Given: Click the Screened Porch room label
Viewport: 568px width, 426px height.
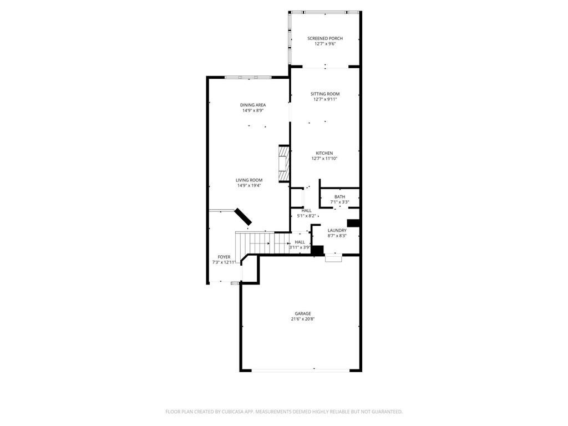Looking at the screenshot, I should [325, 38].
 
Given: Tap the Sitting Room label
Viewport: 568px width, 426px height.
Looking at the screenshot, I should [325, 94].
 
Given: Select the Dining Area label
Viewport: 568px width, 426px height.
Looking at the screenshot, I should [253, 105].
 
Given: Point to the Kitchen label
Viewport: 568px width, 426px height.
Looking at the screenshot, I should [324, 153].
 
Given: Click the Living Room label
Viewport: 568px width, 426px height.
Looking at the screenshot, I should [249, 180].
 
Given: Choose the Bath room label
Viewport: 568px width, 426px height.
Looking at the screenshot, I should [339, 197].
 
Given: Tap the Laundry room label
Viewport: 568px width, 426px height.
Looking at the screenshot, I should [337, 230].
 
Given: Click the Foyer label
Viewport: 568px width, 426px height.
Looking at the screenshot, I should [224, 257].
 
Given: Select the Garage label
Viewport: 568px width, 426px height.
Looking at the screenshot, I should [303, 313].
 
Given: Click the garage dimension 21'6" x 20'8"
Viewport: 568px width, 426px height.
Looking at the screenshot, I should [303, 319].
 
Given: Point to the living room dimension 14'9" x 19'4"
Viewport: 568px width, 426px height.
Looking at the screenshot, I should [249, 185].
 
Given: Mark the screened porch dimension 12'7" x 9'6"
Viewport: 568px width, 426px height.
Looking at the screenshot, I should [325, 44].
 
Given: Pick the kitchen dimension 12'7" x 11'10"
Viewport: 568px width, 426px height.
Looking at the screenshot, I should [324, 159].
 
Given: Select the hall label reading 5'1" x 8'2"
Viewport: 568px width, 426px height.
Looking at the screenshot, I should [307, 213].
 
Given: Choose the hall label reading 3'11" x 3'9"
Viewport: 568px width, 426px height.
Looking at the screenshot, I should [300, 245].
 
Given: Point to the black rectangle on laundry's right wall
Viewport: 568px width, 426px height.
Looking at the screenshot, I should [354, 223].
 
